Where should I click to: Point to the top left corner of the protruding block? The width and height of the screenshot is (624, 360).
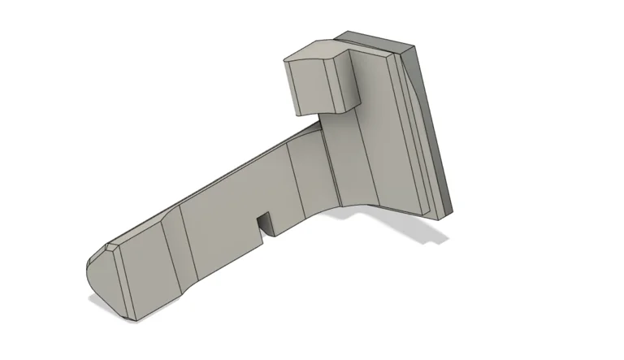(x=285, y=59)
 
